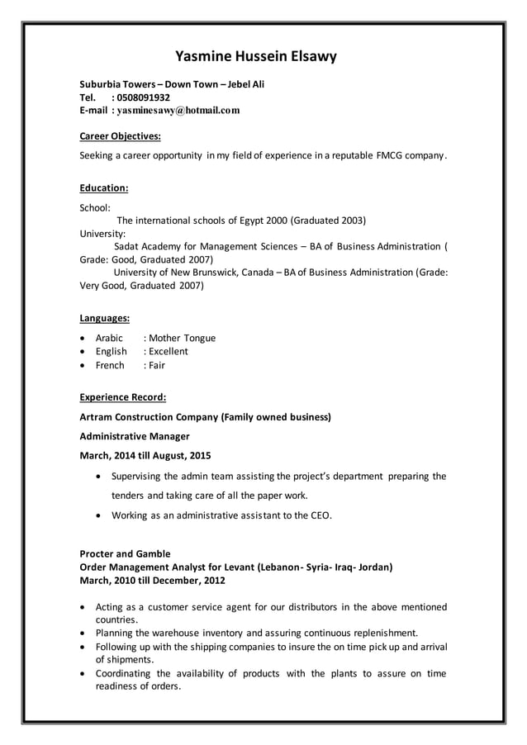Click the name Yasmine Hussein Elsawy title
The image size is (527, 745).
point(256,56)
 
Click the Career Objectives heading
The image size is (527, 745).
point(120,135)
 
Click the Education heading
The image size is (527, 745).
point(103,187)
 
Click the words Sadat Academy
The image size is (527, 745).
point(146,246)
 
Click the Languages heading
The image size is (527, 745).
point(104,317)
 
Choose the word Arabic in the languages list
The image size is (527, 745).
point(109,338)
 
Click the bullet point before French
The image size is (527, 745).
point(83,365)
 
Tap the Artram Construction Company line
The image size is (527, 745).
point(205,417)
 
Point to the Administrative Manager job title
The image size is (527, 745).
point(134,436)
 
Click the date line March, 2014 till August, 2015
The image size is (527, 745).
point(145,455)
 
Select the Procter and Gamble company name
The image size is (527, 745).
point(125,553)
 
